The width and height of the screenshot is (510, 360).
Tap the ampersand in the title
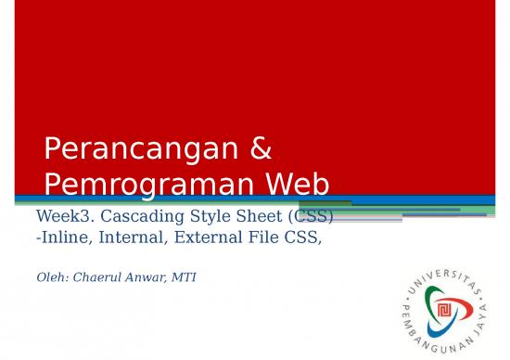[x=261, y=149]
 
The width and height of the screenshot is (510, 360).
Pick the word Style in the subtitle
[x=207, y=217]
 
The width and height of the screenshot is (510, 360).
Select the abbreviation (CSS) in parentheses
[x=310, y=217]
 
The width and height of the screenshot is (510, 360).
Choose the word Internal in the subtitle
[x=128, y=237]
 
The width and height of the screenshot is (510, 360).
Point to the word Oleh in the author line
[x=50, y=276]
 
